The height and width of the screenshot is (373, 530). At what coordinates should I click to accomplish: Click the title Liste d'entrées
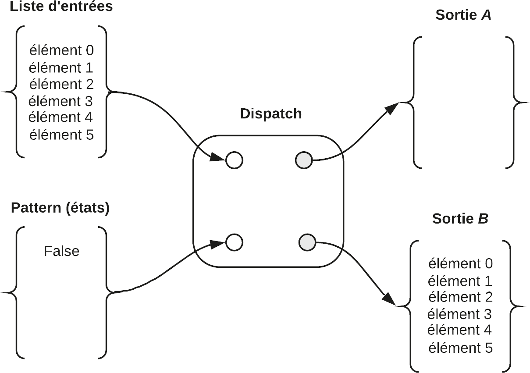pos(61,7)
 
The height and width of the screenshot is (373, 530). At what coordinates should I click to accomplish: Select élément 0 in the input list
pos(61,51)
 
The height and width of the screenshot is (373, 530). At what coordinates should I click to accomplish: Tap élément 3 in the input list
pos(61,101)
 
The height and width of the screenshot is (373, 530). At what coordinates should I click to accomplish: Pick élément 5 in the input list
pos(61,135)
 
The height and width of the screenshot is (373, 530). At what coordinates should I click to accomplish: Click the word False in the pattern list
pos(61,251)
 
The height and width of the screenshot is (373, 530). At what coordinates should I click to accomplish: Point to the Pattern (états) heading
pos(60,208)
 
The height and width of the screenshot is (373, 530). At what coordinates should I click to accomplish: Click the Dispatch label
pos(271,114)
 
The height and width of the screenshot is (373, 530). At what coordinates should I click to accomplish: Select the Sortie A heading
pos(463,15)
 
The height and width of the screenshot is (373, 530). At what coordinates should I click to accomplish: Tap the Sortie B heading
pos(460,219)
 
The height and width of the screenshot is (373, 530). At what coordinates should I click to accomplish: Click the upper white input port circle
pos(235,160)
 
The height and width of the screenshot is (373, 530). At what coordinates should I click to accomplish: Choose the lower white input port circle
pos(235,242)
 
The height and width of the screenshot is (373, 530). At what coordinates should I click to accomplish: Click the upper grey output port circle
pos(304,160)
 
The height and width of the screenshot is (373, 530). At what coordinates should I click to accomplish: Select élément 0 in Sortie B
pos(460,264)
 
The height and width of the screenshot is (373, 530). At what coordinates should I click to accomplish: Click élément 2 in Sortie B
pos(460,297)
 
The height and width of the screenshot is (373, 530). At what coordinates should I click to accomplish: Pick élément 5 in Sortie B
pos(460,348)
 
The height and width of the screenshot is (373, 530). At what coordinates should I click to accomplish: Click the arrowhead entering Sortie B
pos(389,300)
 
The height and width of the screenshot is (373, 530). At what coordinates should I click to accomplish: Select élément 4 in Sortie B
pos(459,330)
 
